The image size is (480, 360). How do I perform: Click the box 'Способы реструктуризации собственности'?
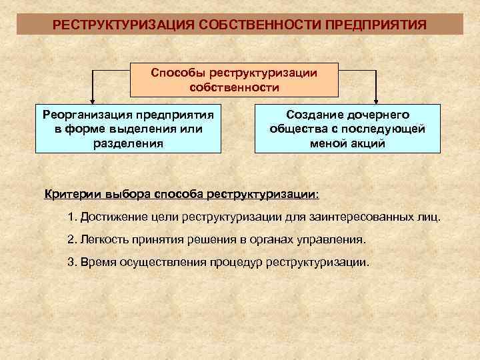point(234,79)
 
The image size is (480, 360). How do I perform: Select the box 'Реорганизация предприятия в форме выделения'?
point(127,129)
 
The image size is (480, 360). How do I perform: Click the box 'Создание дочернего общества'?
point(347,129)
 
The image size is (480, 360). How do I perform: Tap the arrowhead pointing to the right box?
point(376,99)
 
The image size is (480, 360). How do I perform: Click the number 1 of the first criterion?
point(71,218)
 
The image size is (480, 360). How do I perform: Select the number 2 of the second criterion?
point(71,239)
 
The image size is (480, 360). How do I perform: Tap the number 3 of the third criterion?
point(71,261)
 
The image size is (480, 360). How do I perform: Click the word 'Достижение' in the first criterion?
point(112,218)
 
